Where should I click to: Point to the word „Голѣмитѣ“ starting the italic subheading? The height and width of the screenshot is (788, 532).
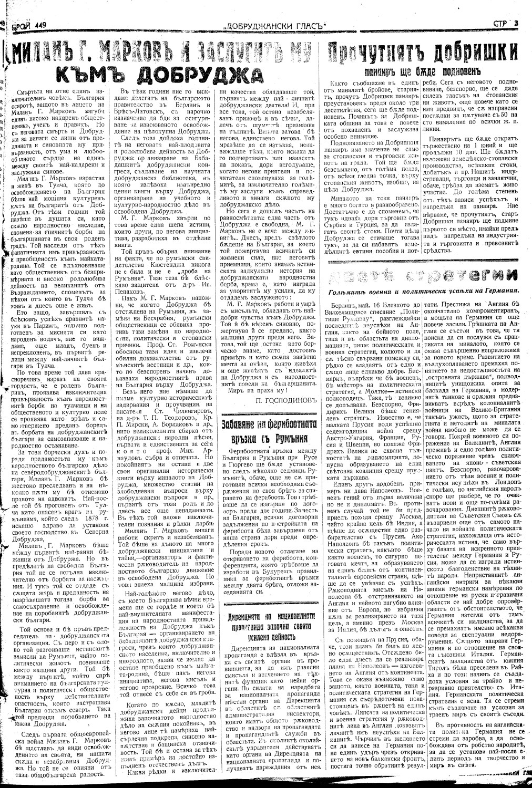tap(349, 291)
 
